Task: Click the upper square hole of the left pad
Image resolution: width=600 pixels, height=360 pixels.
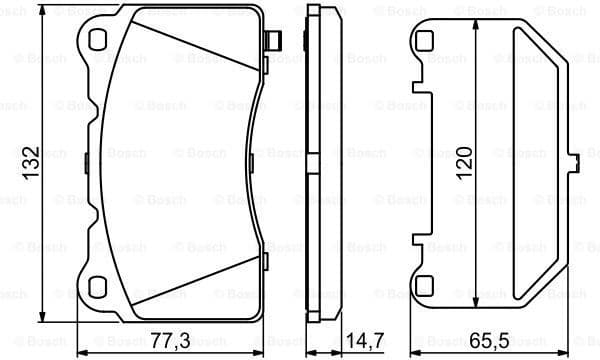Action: [x=97, y=39]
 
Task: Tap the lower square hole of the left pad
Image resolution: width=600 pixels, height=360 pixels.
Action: [x=97, y=287]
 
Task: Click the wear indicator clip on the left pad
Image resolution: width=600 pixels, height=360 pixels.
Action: [x=273, y=41]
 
